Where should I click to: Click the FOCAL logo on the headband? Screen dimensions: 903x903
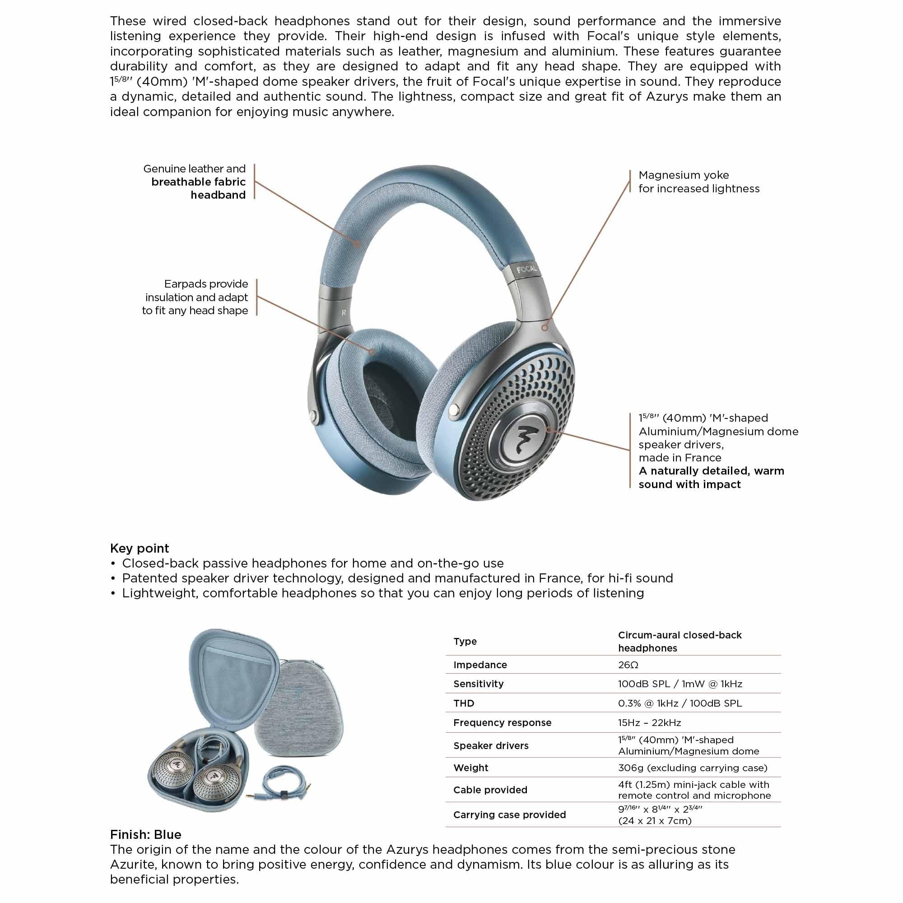[x=527, y=269]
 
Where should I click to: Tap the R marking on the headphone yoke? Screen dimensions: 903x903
[x=344, y=313]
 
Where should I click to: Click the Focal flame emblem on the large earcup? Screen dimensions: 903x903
[x=528, y=438]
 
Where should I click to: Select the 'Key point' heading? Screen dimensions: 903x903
[x=139, y=548]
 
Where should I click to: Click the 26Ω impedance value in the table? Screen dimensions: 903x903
[x=628, y=665]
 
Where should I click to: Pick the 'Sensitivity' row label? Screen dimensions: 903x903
[x=478, y=684]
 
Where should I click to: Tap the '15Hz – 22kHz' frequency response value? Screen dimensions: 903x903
[x=649, y=722]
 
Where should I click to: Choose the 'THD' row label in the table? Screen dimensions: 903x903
[x=463, y=703]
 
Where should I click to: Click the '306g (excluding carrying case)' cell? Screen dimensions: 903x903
[x=693, y=768]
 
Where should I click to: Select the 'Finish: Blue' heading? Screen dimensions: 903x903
[x=145, y=834]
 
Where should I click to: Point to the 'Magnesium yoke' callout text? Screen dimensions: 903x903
[x=683, y=175]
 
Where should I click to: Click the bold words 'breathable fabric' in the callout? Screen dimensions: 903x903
[x=198, y=182]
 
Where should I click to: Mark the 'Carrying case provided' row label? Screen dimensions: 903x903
[x=509, y=815]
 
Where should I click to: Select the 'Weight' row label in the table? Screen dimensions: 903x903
[x=470, y=768]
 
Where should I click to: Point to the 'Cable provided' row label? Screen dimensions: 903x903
[x=490, y=790]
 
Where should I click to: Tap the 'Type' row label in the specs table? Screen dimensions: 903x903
[x=465, y=641]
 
